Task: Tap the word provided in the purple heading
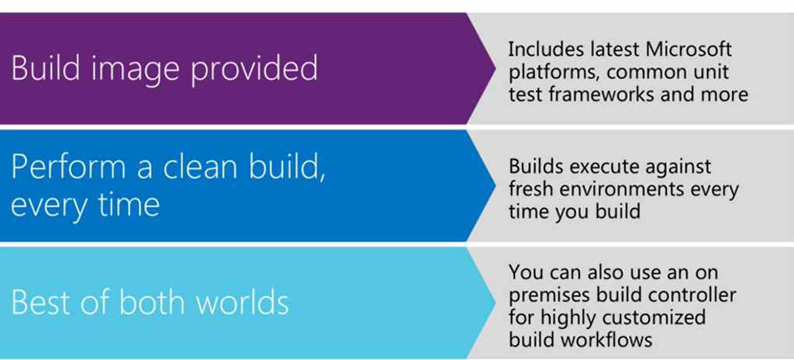click(x=254, y=67)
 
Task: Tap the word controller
click(x=693, y=295)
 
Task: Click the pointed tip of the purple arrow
click(x=495, y=68)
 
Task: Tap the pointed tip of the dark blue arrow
click(x=495, y=185)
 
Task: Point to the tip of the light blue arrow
click(x=495, y=303)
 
